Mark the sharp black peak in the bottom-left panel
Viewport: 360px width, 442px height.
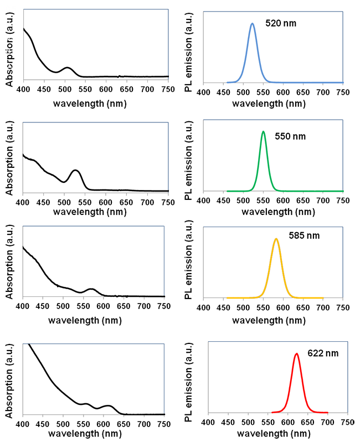28,346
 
